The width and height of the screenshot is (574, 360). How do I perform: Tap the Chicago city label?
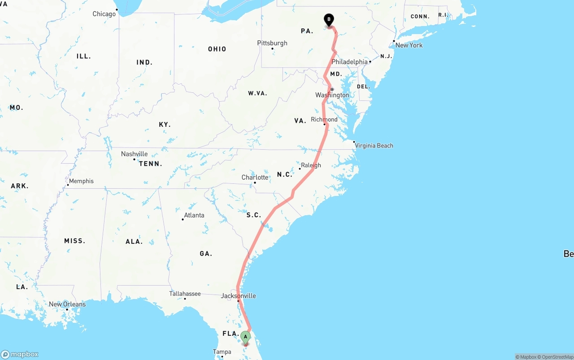pos(104,14)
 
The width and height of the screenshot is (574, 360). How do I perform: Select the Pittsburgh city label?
pos(272,43)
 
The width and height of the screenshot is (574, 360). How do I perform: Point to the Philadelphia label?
pos(349,62)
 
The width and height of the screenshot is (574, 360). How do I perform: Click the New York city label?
pos(409,45)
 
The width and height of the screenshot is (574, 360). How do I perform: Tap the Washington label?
pos(332,95)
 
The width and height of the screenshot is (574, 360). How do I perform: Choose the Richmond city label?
pos(324,119)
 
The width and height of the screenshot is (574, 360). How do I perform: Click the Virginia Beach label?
pos(373,146)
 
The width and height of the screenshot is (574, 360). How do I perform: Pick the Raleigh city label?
pos(311,165)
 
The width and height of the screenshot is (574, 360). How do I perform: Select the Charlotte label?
pos(255,178)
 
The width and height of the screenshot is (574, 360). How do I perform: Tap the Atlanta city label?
pos(194,215)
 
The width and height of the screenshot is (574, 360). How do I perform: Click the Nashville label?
pos(134,154)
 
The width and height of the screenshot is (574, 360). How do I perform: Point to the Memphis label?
pos(81,181)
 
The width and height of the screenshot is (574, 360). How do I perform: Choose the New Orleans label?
pos(67,304)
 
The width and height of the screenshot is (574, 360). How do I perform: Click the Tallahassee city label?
pos(185,294)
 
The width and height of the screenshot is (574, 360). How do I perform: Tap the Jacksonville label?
pos(238,296)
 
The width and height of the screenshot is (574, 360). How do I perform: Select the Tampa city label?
pos(222,352)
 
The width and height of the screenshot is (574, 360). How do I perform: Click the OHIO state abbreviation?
pos(217,49)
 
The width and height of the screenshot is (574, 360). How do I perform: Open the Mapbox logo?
pos(20,354)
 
